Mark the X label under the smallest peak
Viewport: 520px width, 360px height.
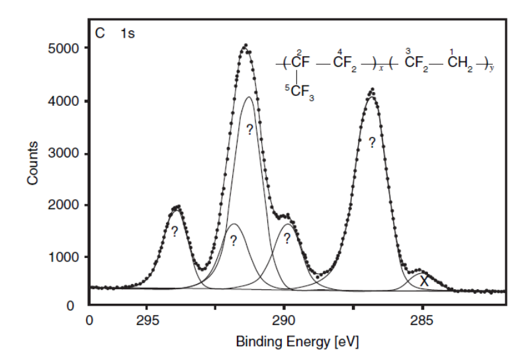424,281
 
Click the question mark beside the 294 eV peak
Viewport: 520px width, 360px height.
174,232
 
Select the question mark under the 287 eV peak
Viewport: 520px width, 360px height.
372,142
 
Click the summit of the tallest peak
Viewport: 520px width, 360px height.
245,45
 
